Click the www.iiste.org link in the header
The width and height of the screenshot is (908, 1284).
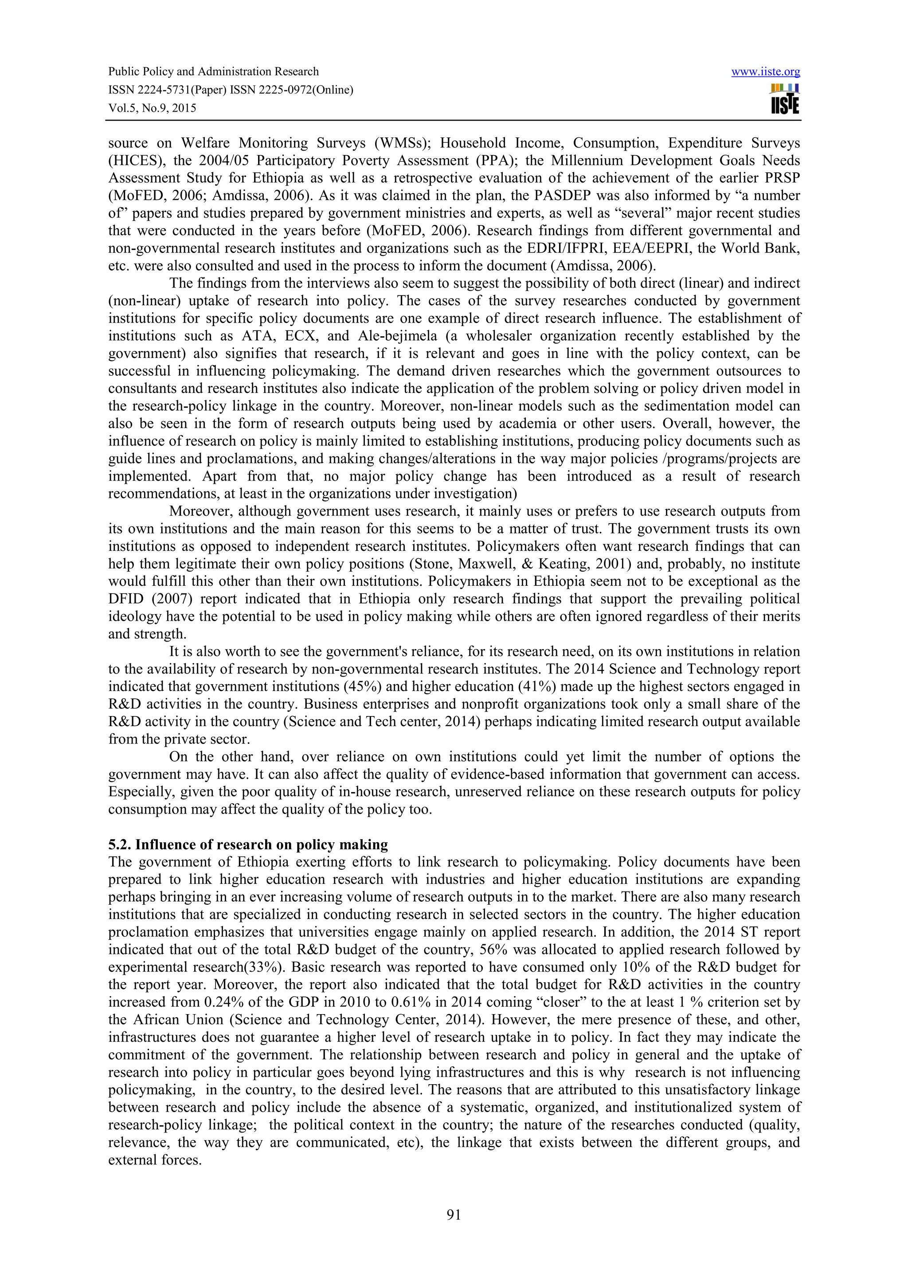click(765, 72)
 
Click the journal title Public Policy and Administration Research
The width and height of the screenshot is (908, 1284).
click(213, 72)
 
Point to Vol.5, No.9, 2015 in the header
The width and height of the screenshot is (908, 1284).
click(152, 108)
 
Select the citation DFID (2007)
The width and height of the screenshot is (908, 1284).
click(150, 599)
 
